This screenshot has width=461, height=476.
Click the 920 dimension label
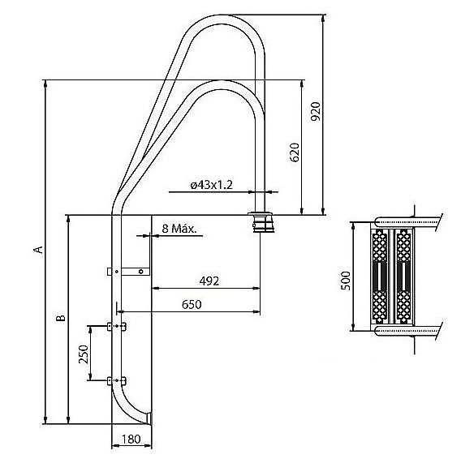pos(316,111)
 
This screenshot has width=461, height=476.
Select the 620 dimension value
pos(295,152)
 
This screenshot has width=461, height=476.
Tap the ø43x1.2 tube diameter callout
pos(212,185)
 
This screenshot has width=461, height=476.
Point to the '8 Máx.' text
pos(179,229)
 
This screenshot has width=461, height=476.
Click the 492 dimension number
pos(209,281)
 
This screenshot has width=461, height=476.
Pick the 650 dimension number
pos(192,304)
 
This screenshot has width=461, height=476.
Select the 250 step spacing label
pos(84,354)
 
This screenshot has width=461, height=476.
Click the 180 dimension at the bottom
pos(131,439)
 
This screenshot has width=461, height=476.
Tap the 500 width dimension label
pos(346,281)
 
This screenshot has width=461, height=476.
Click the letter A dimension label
pos(38,250)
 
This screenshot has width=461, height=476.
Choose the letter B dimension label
pos(61,318)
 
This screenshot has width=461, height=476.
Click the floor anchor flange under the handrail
pos(261,222)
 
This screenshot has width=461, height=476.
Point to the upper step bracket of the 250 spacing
pos(117,326)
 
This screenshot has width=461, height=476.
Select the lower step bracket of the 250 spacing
pos(117,380)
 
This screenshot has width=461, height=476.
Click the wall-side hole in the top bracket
pos(140,272)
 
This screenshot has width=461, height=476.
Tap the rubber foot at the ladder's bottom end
pos(149,418)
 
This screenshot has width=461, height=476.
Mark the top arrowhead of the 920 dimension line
pos(323,18)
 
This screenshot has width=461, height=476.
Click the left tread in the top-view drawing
pos(379,276)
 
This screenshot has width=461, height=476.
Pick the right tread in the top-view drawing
pos(403,276)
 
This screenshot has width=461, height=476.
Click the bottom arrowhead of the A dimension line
pos(45,420)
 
